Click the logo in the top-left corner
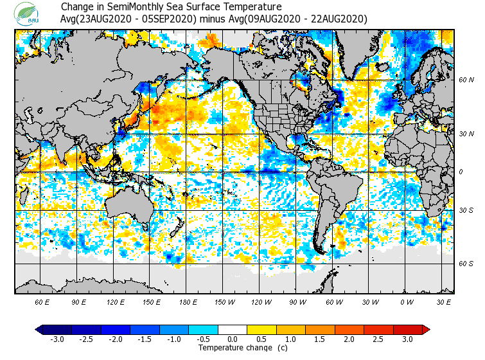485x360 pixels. [28, 13]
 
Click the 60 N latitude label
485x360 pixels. [466, 80]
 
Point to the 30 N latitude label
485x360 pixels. [466, 134]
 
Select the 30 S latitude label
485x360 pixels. [466, 210]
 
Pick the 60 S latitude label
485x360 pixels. [466, 264]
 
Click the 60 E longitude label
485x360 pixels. [42, 301]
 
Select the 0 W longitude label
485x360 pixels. [406, 301]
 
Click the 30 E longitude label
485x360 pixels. [444, 301]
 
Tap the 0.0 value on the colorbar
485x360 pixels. [233, 339]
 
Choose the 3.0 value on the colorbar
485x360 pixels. [408, 339]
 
